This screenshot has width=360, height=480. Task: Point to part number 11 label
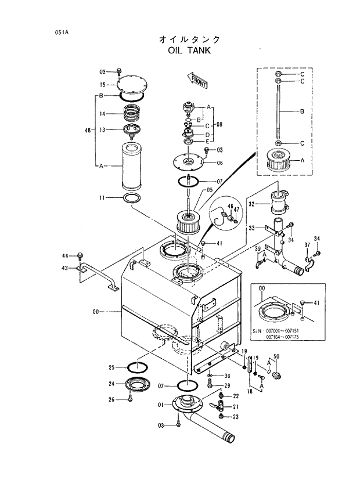pos(101,198)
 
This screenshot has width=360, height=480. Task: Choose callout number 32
pos(252,204)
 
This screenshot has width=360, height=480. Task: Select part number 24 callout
pos(112,384)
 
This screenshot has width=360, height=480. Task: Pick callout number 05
pos(210,190)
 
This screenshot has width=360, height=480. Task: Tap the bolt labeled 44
pos(80,255)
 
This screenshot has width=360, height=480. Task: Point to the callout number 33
pos(251,229)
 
